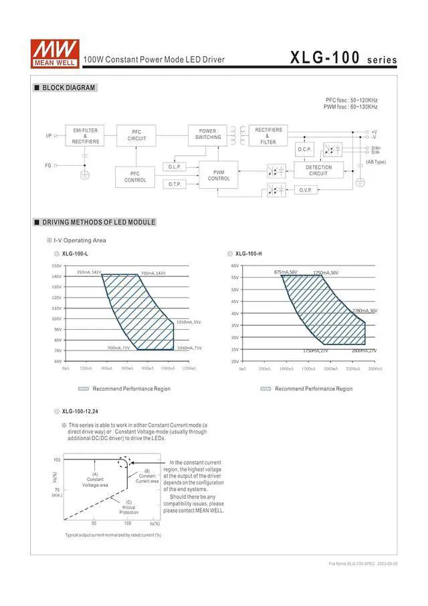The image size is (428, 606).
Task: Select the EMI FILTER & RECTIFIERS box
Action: pyautogui.click(x=85, y=136)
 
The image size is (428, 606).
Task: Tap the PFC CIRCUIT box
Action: pyautogui.click(x=136, y=136)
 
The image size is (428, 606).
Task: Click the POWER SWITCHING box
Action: pyautogui.click(x=207, y=134)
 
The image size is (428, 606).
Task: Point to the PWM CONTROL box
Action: pyautogui.click(x=219, y=175)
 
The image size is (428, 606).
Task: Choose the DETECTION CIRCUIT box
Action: pyautogui.click(x=318, y=171)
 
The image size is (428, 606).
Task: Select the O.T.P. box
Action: pyautogui.click(x=175, y=184)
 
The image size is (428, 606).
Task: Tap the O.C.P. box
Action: pyautogui.click(x=304, y=149)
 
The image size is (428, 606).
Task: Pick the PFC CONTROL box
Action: pyautogui.click(x=135, y=177)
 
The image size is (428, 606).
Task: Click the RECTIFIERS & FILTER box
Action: pyautogui.click(x=267, y=136)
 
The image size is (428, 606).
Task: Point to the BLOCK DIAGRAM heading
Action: pyautogui.click(x=65, y=88)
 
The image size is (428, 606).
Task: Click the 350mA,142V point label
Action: pyautogui.click(x=88, y=272)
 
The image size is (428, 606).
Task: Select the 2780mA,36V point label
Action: pyautogui.click(x=364, y=310)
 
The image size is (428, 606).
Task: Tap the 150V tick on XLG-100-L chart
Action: pyautogui.click(x=56, y=266)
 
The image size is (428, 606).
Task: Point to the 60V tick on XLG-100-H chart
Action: pyautogui.click(x=235, y=266)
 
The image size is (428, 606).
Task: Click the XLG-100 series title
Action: pyautogui.click(x=343, y=58)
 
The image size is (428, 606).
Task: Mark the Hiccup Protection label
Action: pyautogui.click(x=128, y=507)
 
